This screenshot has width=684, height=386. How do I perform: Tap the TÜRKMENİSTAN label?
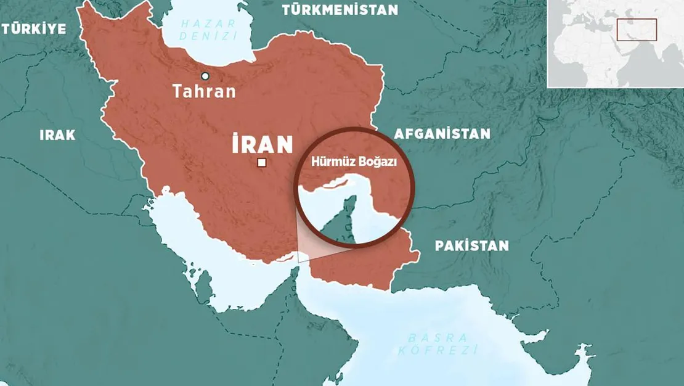[340, 10]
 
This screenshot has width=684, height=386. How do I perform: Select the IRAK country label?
[57, 135]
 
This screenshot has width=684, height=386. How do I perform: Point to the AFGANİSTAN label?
[442, 134]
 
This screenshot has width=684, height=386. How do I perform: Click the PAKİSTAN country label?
[472, 246]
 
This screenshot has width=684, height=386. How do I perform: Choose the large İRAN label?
[262, 144]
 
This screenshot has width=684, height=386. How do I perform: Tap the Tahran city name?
[204, 92]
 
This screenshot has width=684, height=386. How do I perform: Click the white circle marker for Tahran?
[205, 76]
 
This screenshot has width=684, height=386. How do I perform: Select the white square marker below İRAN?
[262, 163]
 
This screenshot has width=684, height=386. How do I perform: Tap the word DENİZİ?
[208, 36]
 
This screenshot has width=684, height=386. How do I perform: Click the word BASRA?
[437, 337]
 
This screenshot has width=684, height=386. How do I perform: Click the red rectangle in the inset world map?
[637, 30]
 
